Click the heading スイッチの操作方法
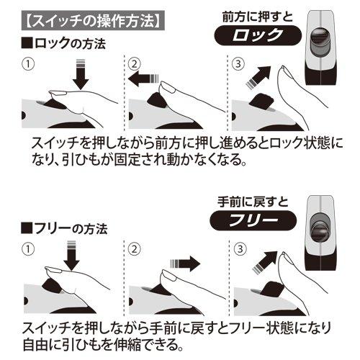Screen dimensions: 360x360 (x=93, y=21)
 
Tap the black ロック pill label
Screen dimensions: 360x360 (x=258, y=35)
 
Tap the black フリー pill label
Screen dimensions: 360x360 (x=253, y=220)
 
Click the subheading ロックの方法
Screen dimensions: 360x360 (x=63, y=44)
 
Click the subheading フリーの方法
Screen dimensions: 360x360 (x=64, y=229)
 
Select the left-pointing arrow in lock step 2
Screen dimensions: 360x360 (x=143, y=78)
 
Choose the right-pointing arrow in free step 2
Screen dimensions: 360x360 (x=185, y=264)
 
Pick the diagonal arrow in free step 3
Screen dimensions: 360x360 (x=265, y=263)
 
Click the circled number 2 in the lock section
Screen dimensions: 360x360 (x=134, y=64)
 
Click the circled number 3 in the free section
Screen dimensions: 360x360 (x=240, y=249)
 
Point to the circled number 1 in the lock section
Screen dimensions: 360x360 (x=28, y=64)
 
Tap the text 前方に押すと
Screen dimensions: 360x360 (x=258, y=17)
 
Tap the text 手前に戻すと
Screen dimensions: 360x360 (x=253, y=202)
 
